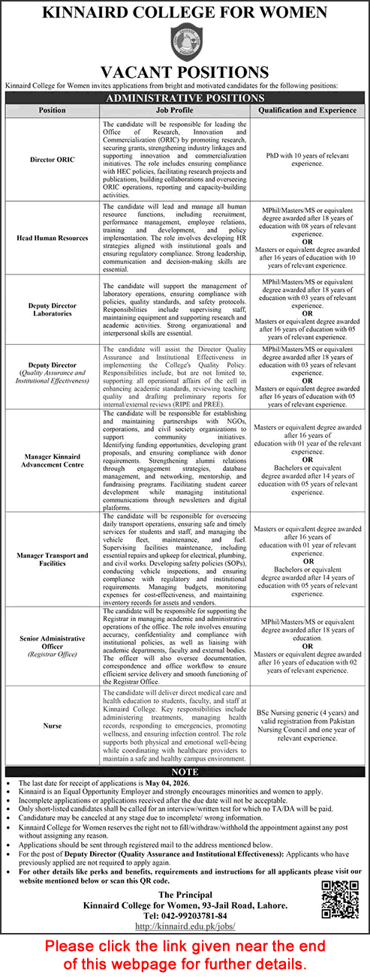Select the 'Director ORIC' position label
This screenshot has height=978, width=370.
click(x=52, y=160)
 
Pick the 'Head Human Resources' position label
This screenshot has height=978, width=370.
click(x=52, y=238)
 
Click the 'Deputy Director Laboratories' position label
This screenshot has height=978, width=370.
click(x=52, y=308)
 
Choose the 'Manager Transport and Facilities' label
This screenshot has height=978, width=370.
click(x=52, y=559)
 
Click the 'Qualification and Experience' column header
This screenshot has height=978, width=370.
click(x=307, y=109)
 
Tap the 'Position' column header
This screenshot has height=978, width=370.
click(x=52, y=109)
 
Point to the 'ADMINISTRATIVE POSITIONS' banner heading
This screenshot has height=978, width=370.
click(x=185, y=97)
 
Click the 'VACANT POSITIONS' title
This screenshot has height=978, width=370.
click(x=185, y=72)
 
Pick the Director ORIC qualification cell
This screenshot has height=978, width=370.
click(x=307, y=160)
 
